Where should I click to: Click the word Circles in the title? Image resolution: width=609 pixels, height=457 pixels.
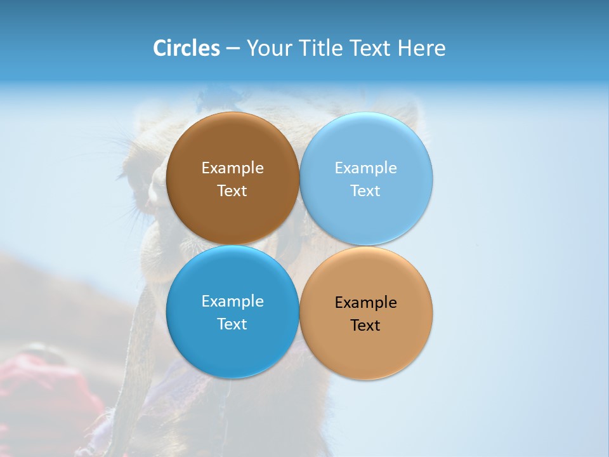(187, 48)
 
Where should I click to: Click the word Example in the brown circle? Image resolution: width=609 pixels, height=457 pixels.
(232, 168)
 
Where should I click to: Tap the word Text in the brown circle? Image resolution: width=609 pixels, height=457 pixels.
(232, 190)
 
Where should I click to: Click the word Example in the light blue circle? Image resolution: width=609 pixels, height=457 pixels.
(365, 168)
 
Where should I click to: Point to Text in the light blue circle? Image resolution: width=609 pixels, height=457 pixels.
(365, 190)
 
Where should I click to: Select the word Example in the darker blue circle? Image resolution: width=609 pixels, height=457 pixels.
(232, 301)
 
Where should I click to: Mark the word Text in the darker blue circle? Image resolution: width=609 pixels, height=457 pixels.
(232, 324)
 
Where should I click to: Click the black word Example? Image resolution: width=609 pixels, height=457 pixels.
(365, 303)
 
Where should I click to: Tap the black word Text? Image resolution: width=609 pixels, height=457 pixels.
(365, 325)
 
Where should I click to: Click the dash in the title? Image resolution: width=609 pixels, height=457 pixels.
(233, 49)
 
